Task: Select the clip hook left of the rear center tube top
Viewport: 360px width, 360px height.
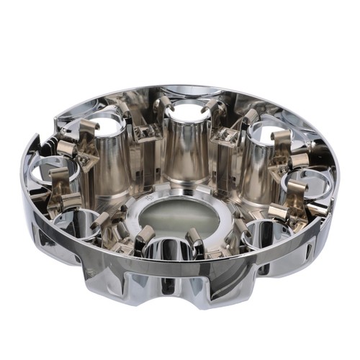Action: (x=163, y=105)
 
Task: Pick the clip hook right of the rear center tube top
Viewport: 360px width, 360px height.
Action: (x=212, y=108)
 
